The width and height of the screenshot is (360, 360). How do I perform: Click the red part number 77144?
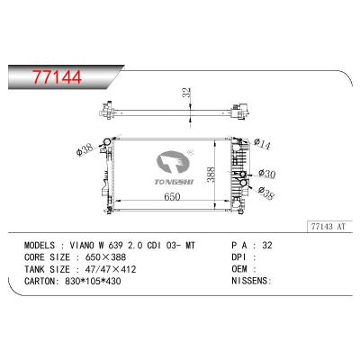[58, 77]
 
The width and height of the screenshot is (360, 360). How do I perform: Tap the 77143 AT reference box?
[328, 227]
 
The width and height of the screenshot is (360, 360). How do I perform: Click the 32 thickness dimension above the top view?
[186, 93]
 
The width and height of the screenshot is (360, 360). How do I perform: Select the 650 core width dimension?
[172, 196]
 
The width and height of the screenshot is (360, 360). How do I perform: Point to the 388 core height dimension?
[212, 175]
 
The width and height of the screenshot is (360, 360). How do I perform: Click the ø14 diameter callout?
[262, 144]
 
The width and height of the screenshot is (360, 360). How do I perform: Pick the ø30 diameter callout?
[266, 174]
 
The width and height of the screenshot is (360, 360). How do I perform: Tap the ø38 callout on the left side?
[85, 149]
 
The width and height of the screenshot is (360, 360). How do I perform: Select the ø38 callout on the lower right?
[265, 193]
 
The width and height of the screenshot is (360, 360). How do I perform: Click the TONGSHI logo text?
[175, 182]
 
